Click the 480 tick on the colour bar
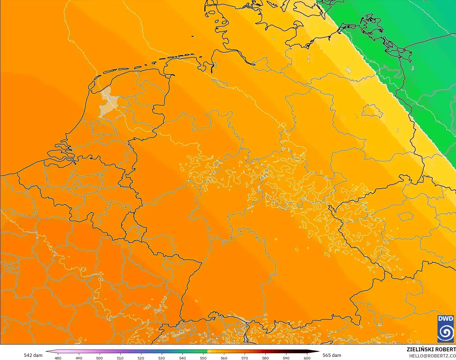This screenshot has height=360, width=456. click(58, 358)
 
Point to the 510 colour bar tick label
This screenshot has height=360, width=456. click(120, 358)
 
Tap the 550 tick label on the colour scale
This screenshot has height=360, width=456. click(203, 358)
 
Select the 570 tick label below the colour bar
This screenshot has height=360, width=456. click(245, 358)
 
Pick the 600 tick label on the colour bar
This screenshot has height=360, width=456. click(307, 358)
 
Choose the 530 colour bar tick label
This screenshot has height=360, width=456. click(162, 358)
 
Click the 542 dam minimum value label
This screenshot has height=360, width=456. click(33, 355)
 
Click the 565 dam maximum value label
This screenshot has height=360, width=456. click(332, 355)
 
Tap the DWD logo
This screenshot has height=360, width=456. click(446, 329)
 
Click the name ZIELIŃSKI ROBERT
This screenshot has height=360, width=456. click(431, 349)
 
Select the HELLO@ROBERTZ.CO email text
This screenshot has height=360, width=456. click(432, 356)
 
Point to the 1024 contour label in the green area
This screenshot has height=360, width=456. click(372, 61)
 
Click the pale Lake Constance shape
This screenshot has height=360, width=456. click(238, 317)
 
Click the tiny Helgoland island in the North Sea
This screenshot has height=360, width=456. click(193, 36)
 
